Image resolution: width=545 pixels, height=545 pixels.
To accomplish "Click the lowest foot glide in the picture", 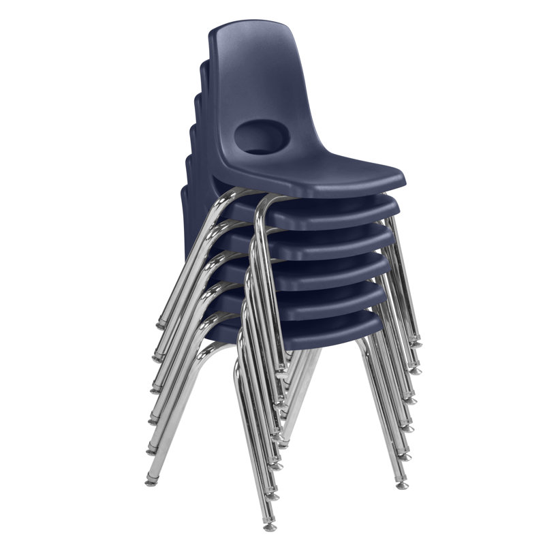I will (x=270, y=526).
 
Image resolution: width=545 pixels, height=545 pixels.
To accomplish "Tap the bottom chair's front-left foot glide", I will (x=270, y=526).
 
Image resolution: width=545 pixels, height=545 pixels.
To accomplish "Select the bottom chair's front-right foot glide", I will (x=402, y=485).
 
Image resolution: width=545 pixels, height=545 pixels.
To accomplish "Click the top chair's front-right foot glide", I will (x=416, y=344).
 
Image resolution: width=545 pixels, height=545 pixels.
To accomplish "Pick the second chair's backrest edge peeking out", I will (x=204, y=68).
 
